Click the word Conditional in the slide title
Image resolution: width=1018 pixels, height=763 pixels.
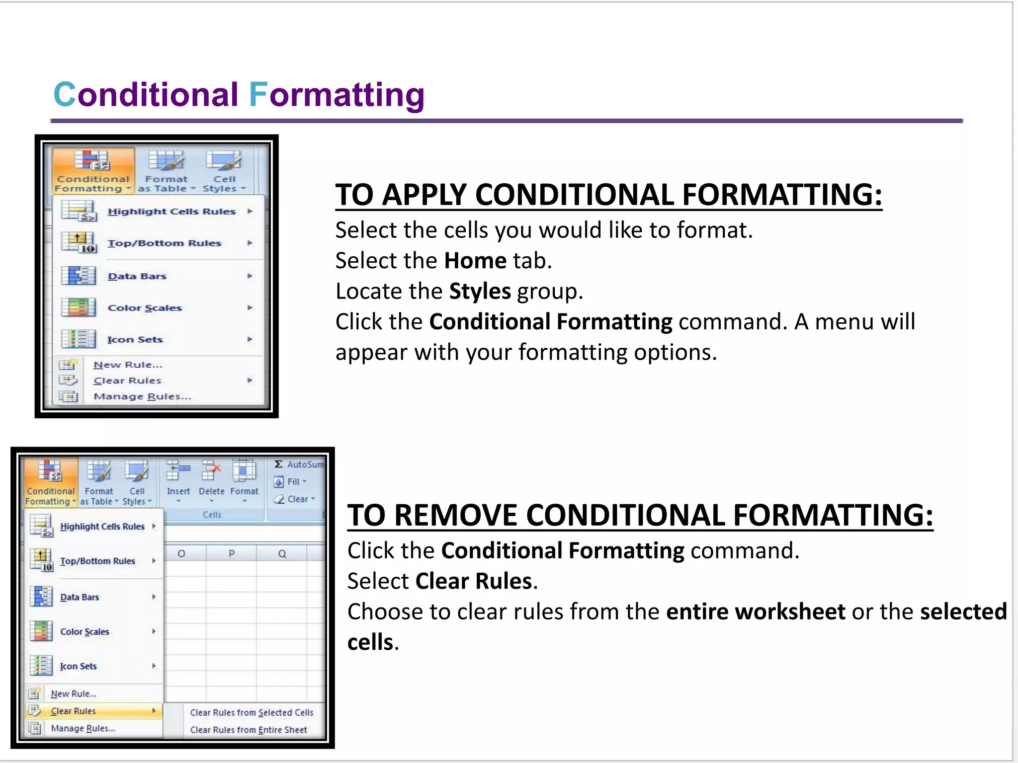pos(146,94)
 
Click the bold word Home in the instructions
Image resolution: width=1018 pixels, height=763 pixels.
pos(475,261)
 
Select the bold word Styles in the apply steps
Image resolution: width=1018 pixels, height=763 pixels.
pos(480,291)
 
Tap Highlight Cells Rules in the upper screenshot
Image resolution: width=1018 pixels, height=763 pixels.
pos(171,212)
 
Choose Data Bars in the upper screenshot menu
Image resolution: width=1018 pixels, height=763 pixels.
pos(137,276)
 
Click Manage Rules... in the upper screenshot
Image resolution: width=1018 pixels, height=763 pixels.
pos(142,396)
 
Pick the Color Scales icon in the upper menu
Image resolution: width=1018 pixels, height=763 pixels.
pos(78,307)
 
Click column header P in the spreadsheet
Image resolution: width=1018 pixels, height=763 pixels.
pos(231,553)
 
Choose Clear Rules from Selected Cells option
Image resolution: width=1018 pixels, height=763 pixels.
pos(252,712)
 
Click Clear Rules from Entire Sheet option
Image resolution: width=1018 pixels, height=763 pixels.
pos(249,730)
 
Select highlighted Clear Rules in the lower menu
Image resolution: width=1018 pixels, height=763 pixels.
pos(74,711)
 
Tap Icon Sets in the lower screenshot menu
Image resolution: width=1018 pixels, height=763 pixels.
pos(78,666)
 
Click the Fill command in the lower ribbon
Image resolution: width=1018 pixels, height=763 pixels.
pos(293,482)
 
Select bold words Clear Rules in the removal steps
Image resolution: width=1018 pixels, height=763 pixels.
pos(474,581)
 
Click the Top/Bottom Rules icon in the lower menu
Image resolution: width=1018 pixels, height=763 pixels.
pos(41,560)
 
